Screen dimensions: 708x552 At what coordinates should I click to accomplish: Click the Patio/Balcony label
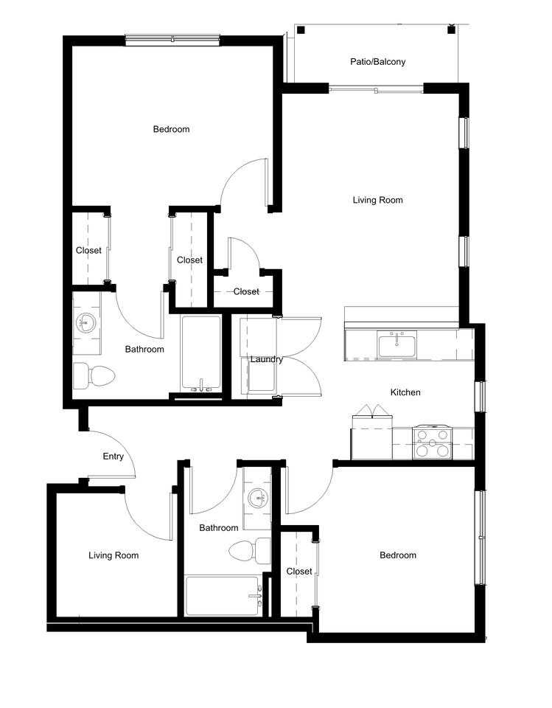coord(377,62)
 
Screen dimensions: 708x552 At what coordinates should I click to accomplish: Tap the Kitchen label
coord(405,392)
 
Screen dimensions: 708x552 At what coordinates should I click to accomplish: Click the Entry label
coord(113,457)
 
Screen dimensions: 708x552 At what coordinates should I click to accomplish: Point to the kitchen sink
coord(397,344)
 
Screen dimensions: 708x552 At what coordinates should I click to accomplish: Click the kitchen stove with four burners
coord(433,443)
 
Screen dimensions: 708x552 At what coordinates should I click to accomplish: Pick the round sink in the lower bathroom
coord(257,497)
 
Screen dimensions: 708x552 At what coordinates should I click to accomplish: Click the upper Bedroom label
coord(171,129)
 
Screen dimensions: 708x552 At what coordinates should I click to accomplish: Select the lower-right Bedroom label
coord(398,555)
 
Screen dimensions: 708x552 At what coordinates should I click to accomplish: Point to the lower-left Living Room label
coord(113,555)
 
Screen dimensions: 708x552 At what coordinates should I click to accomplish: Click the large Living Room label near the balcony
coord(377,200)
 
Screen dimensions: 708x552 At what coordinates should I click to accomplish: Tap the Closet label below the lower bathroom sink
coord(299,572)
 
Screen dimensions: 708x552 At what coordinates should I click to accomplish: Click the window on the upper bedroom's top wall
coord(172,39)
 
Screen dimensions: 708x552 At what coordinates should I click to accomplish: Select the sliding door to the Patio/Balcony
coord(376,89)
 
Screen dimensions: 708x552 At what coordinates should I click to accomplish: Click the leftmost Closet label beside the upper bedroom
coord(88,251)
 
